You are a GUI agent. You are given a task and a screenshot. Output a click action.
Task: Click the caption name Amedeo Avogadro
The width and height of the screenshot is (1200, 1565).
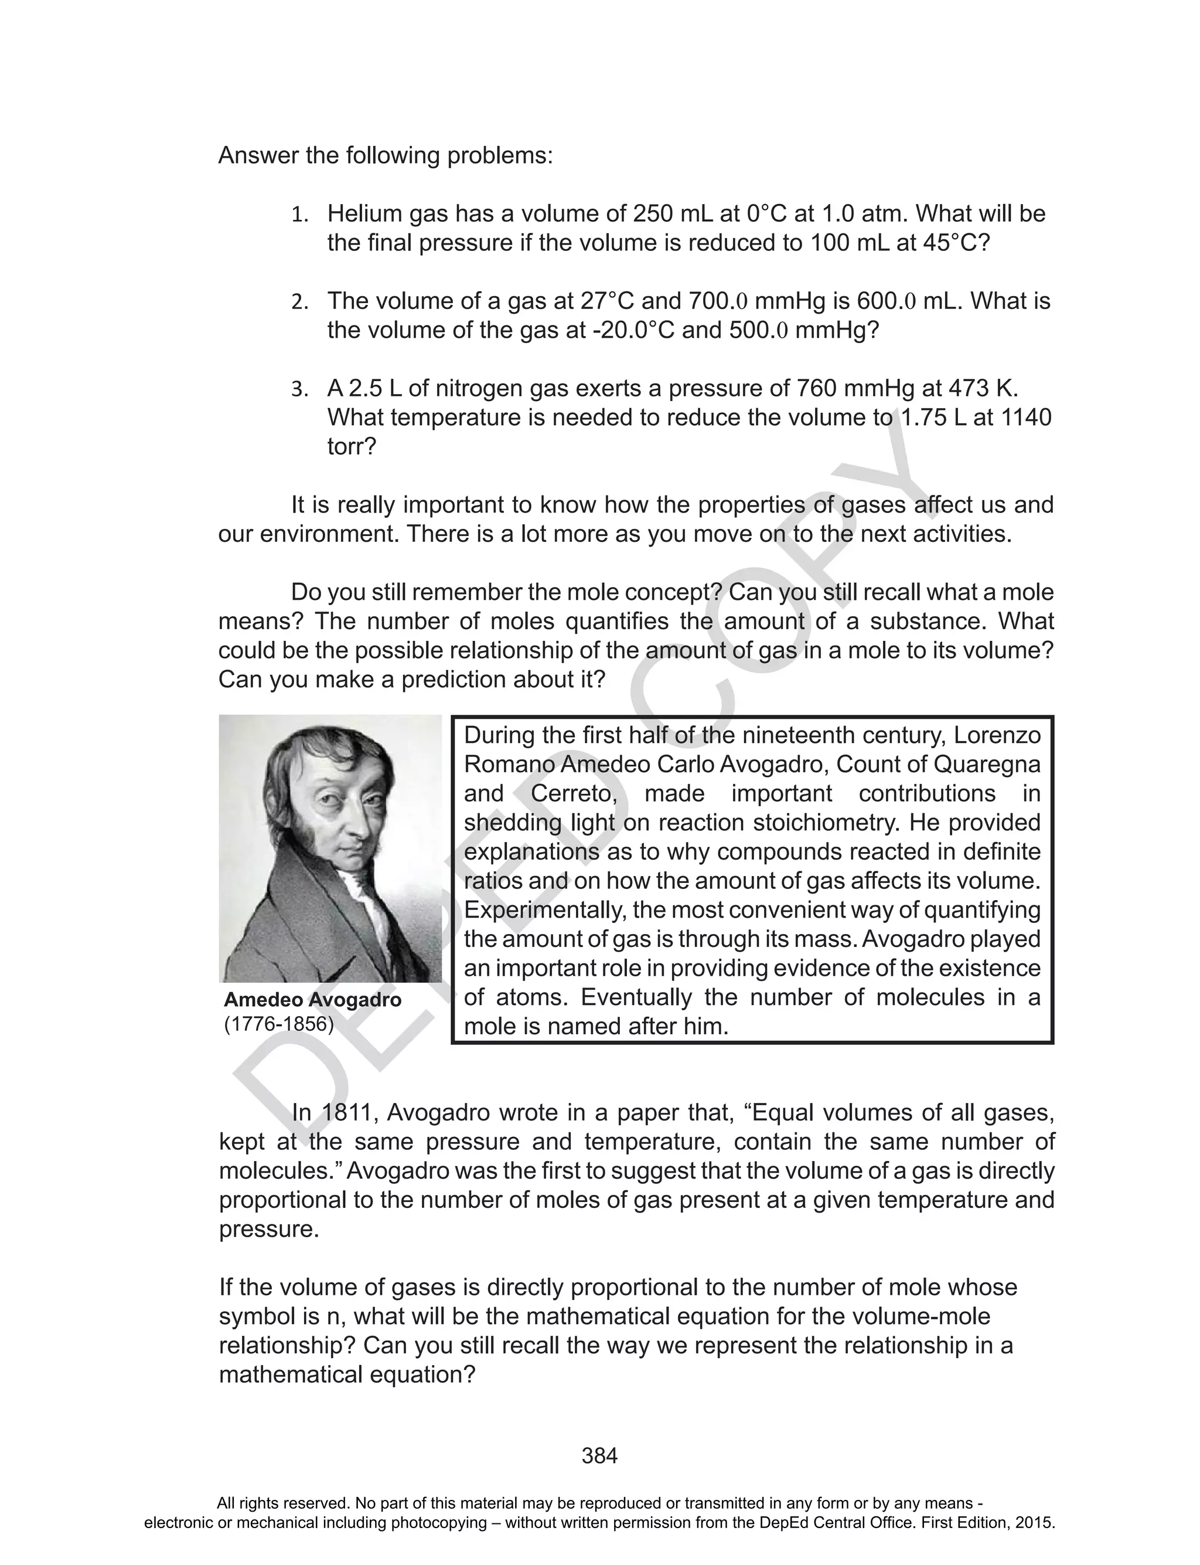tap(312, 1000)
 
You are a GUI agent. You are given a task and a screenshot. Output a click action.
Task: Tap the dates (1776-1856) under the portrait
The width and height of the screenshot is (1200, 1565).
tap(278, 1024)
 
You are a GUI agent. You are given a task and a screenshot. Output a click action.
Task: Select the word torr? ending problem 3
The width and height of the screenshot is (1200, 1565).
tap(352, 447)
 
